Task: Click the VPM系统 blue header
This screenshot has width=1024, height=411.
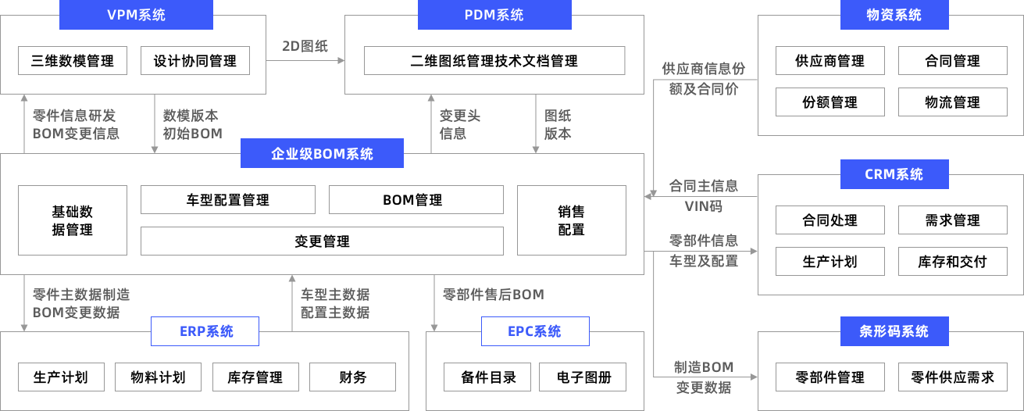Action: tap(136, 15)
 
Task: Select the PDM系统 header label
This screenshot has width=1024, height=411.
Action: tap(494, 15)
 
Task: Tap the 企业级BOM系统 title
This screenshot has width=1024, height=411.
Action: tap(322, 154)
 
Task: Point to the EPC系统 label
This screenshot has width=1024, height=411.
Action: tap(534, 331)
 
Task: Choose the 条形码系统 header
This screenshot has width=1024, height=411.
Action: tap(894, 331)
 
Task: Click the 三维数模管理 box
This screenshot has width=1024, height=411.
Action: tap(73, 61)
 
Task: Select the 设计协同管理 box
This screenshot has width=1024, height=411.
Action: tap(194, 61)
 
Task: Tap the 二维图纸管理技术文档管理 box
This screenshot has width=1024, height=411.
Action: tap(494, 61)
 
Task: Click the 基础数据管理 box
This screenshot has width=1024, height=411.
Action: tap(73, 220)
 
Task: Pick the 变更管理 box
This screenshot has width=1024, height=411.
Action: tap(322, 241)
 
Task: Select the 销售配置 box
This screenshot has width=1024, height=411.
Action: tap(571, 220)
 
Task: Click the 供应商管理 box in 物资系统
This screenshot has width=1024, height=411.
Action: tap(830, 61)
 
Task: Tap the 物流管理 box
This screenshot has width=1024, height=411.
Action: tap(951, 102)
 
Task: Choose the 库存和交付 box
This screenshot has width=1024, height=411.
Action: tap(951, 262)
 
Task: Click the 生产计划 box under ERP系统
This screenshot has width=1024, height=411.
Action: tap(60, 377)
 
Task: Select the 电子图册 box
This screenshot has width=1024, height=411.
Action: tap(584, 377)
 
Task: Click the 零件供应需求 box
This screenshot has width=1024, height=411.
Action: tap(951, 377)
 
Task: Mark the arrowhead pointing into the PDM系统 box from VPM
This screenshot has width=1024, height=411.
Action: tap(341, 61)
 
